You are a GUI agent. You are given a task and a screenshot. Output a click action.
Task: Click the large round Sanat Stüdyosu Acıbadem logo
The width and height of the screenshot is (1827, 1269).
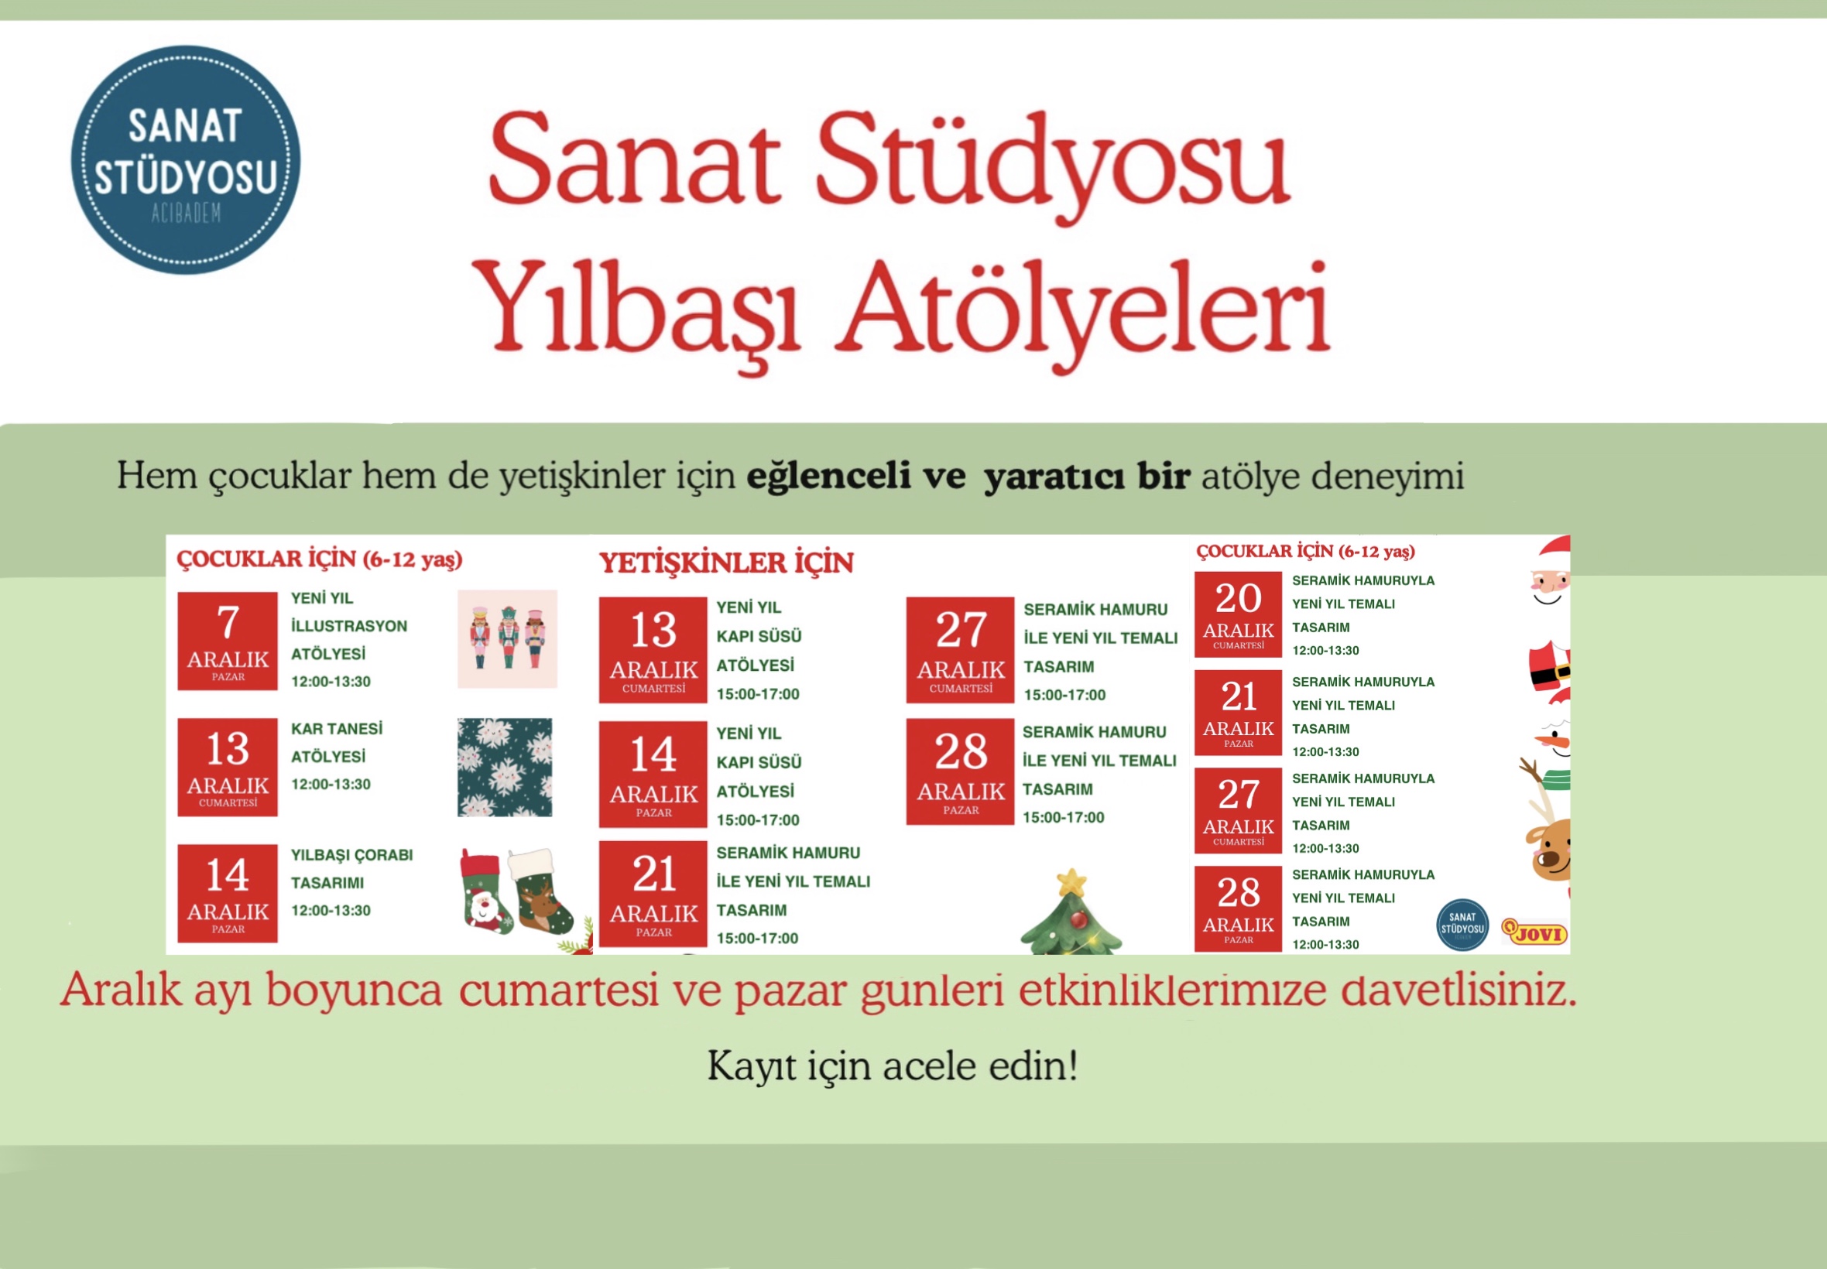pos(185,160)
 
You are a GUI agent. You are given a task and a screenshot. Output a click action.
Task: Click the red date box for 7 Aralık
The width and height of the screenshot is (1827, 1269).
pos(228,641)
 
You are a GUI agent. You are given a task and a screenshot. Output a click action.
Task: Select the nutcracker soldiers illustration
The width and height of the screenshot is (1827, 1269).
pos(507,638)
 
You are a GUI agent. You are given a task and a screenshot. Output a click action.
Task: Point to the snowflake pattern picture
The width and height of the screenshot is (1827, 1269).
pos(505,768)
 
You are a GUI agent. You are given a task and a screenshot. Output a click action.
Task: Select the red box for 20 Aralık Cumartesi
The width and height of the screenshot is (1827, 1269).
pos(1238,614)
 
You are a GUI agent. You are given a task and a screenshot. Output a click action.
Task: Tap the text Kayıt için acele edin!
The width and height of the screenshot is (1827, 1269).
pos(893,1065)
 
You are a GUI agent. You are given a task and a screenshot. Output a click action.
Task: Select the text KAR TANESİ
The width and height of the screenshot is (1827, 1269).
pos(337,729)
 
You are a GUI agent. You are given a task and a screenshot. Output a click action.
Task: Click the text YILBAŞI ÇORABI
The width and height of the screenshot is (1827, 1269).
pos(351,856)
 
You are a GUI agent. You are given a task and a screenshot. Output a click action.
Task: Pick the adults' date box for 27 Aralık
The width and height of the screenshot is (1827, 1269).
pos(960,651)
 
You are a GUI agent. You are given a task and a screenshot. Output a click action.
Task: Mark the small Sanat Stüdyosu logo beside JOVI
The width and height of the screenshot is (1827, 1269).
pos(1462,925)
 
